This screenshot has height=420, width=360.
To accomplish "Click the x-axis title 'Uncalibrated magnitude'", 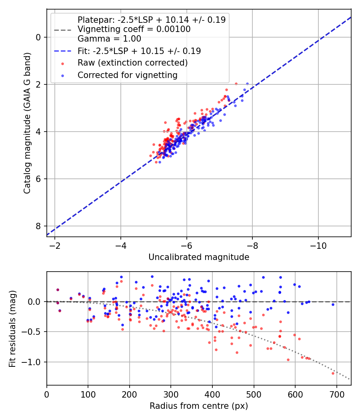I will point(199,257).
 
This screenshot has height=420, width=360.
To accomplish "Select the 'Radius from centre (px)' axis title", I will point(199,406).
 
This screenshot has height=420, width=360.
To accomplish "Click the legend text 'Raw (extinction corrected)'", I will point(132,63).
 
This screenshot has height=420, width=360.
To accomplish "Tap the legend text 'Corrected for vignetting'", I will point(127,75).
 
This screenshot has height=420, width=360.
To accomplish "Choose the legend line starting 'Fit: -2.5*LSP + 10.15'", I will point(139,51).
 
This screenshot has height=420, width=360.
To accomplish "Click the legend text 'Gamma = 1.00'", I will point(109,39).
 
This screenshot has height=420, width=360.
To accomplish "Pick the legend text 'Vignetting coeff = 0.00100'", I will point(134,29).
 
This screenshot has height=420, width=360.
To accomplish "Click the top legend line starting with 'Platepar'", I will point(151,20).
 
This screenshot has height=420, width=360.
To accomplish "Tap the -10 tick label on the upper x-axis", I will point(318,244).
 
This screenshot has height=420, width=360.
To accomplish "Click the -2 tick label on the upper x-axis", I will point(55,244).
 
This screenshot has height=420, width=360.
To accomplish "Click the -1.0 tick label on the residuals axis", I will point(34,362).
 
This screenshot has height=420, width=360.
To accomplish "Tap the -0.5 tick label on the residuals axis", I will point(34,332).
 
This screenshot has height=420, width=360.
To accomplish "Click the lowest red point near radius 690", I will point(333,373).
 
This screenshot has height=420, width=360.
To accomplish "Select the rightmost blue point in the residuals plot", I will point(333,304).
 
